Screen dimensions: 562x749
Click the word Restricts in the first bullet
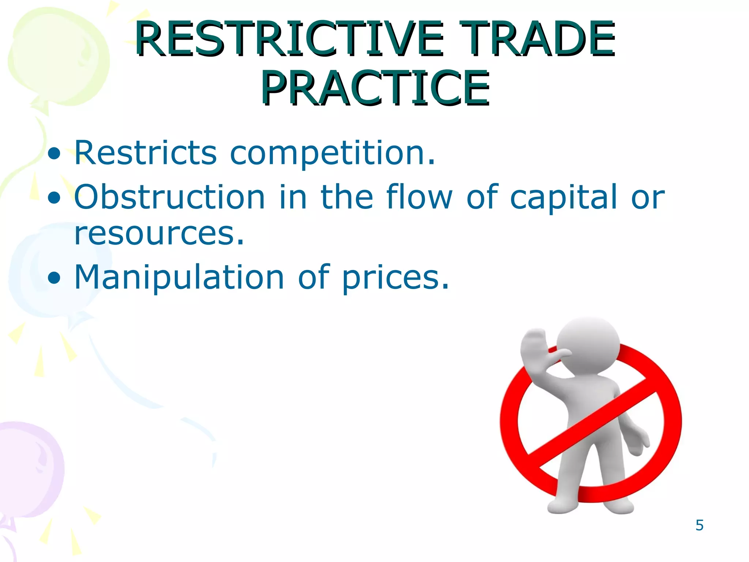point(146,153)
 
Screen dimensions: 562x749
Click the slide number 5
point(699,525)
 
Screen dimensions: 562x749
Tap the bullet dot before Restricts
point(54,154)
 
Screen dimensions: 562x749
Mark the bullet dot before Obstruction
point(54,198)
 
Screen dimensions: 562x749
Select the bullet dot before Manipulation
point(54,278)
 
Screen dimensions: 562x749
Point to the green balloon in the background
point(59,55)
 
